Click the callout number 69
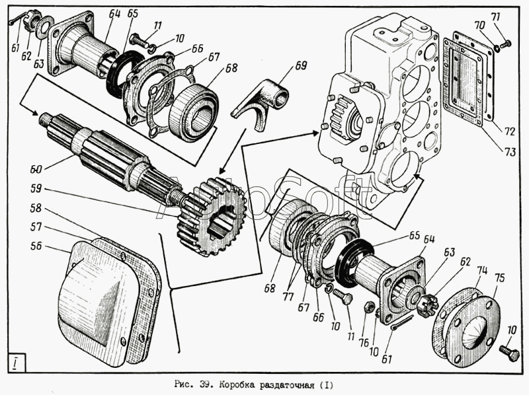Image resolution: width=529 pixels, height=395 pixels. pos(301,65)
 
